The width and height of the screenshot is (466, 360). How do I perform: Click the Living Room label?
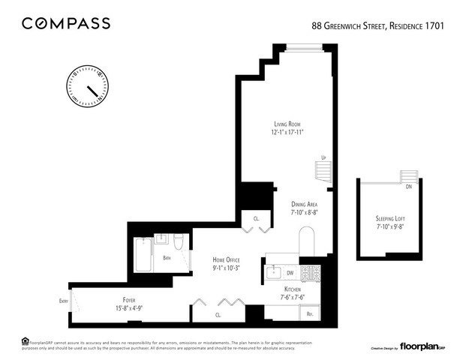point(292,124)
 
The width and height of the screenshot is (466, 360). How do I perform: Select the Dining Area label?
point(307,203)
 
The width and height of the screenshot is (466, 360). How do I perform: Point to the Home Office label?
point(226,259)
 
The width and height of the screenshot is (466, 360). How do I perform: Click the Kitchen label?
point(293,289)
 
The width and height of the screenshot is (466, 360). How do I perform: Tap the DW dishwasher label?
point(290,273)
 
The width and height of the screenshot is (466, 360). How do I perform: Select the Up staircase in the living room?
point(323,172)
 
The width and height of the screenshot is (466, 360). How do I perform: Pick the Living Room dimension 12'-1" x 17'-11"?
point(292,132)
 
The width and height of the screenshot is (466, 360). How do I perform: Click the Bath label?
point(167,258)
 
